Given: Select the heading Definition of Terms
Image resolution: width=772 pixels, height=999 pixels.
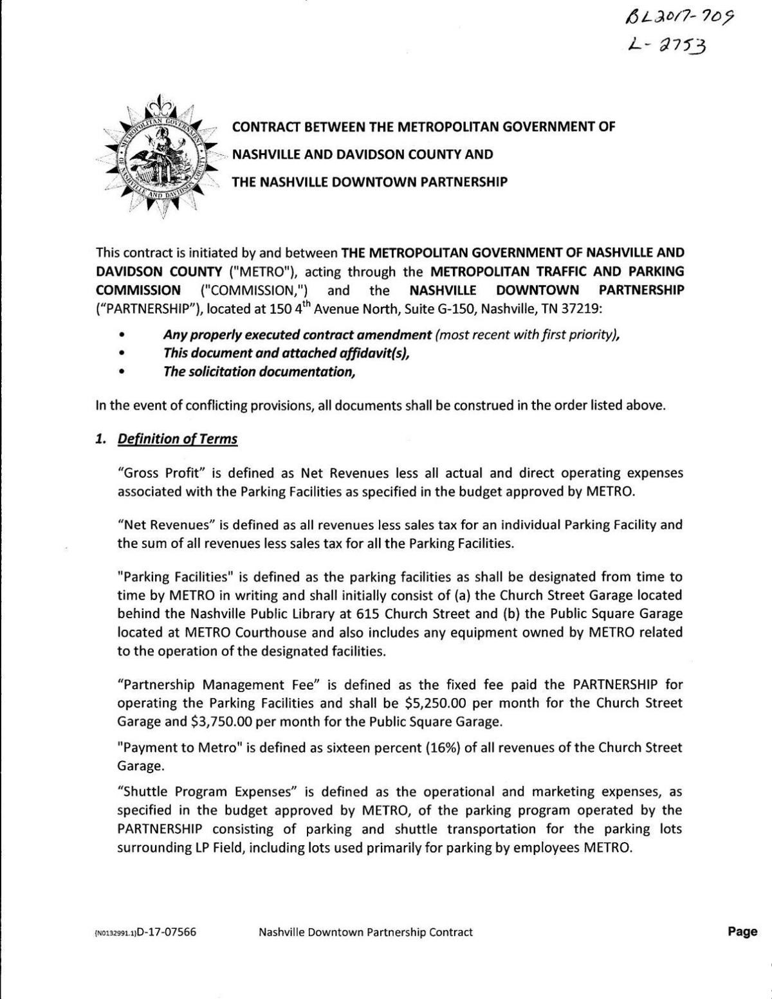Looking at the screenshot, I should pyautogui.click(x=177, y=439).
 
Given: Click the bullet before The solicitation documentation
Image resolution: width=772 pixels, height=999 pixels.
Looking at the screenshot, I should pyautogui.click(x=122, y=372).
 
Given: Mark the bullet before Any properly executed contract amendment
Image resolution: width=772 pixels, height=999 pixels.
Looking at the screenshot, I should pyautogui.click(x=122, y=335).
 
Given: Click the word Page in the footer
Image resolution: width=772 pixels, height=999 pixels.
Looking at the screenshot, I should pyautogui.click(x=742, y=931).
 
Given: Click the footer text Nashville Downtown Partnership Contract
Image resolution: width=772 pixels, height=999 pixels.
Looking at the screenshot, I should pyautogui.click(x=365, y=931).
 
